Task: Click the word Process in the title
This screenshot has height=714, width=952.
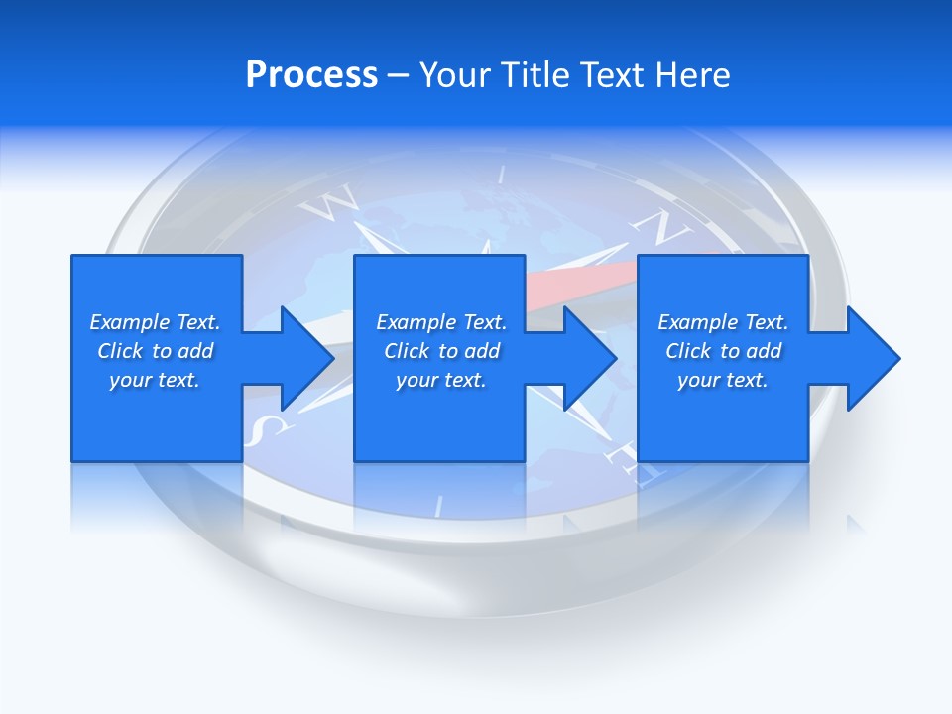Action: click(x=311, y=75)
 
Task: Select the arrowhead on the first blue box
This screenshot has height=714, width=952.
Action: click(x=302, y=358)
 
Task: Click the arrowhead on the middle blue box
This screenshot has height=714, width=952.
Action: click(x=586, y=358)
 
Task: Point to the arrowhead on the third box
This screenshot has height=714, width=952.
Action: click(x=870, y=358)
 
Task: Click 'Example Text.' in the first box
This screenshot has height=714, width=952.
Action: click(x=155, y=322)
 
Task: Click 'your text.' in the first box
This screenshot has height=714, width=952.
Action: click(x=155, y=380)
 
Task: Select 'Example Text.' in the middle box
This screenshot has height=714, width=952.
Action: click(x=441, y=322)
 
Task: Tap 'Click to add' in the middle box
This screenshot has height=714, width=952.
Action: click(x=441, y=351)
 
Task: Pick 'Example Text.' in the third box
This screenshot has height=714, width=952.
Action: click(x=723, y=322)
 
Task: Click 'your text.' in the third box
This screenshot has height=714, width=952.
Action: click(x=723, y=380)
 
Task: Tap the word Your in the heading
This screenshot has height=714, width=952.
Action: click(x=454, y=75)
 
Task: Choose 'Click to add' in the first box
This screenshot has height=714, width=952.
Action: click(x=155, y=351)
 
